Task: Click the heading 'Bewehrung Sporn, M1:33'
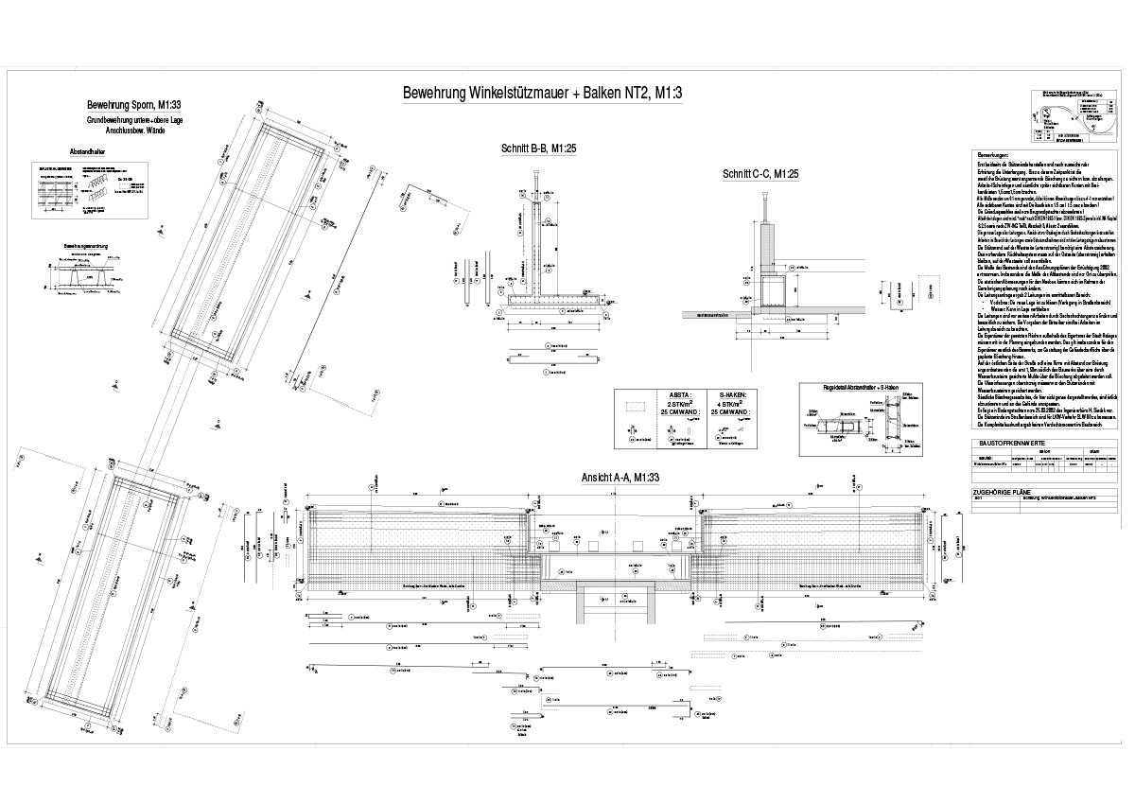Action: (133, 105)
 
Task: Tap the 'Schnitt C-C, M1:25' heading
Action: (760, 174)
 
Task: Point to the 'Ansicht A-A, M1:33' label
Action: (620, 479)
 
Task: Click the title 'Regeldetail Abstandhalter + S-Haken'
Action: (858, 386)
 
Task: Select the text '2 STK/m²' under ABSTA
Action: (679, 404)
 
